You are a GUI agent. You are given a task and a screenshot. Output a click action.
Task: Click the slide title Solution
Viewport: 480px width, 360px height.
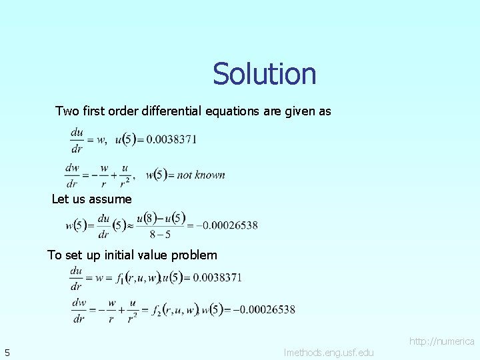click(265, 74)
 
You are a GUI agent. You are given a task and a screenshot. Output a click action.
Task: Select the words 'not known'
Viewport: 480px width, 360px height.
click(201, 175)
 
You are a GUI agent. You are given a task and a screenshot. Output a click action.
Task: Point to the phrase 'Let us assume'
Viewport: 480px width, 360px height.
click(91, 199)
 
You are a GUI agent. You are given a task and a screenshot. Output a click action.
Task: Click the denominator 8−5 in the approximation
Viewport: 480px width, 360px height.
click(160, 234)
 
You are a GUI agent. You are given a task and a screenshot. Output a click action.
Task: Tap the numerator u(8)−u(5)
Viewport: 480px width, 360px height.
click(161, 218)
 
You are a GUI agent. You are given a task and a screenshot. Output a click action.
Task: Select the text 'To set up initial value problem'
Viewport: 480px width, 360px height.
click(132, 255)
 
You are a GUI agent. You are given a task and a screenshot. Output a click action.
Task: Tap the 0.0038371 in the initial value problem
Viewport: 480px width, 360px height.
click(216, 277)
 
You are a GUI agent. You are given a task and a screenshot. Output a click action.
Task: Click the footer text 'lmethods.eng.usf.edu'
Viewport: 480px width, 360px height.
click(329, 351)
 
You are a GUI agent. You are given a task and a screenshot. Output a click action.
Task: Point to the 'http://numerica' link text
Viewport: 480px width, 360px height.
click(441, 341)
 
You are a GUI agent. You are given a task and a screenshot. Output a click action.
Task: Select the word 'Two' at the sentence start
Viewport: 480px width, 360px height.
click(67, 111)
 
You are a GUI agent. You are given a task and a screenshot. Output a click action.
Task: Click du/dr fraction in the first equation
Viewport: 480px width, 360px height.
click(77, 139)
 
